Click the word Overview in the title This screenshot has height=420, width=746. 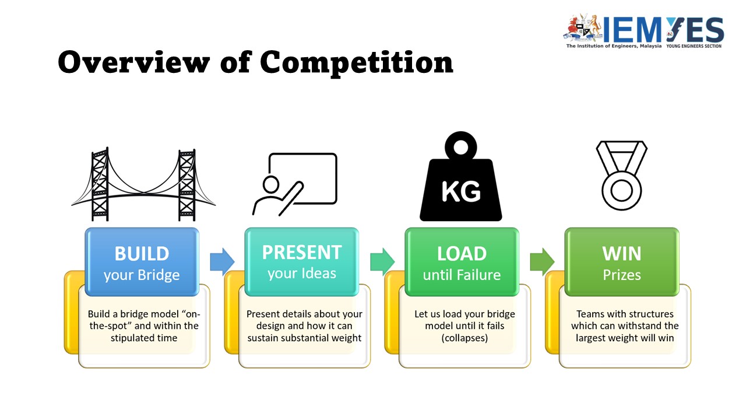[x=134, y=62]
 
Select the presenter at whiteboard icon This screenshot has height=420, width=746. [x=295, y=184]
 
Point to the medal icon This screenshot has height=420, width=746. [x=621, y=176]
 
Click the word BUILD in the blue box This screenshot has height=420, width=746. [x=142, y=254]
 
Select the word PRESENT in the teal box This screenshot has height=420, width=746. [x=302, y=253]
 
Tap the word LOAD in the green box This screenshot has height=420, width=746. [x=462, y=254]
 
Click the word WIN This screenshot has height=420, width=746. [x=621, y=254]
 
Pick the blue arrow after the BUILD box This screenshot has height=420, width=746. [x=222, y=262]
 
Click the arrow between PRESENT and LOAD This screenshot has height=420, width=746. [x=382, y=262]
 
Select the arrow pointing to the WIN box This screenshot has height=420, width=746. [x=542, y=262]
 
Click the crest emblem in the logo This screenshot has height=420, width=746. [x=583, y=28]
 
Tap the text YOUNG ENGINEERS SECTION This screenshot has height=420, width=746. [x=694, y=46]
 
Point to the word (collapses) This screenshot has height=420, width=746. [x=465, y=338]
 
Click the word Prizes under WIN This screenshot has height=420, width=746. [x=622, y=275]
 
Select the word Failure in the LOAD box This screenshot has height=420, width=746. [x=478, y=275]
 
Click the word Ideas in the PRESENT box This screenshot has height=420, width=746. [x=319, y=274]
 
